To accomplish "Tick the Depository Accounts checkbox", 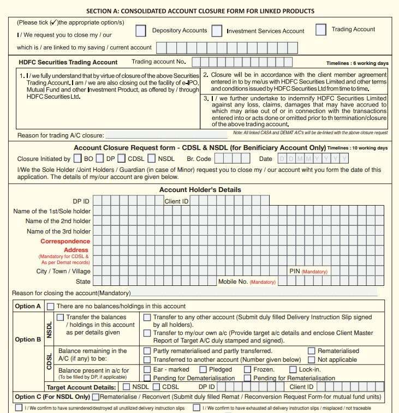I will point(141,32).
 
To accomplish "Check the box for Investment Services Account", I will point(217,32).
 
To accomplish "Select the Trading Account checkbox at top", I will point(321,30).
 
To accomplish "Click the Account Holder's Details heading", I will point(200,189).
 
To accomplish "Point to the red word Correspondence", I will point(65,241).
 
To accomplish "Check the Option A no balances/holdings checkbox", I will point(51,307).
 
